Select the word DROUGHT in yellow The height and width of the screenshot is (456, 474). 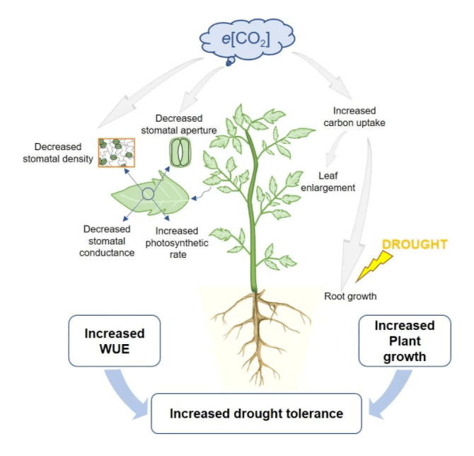(x=414, y=244)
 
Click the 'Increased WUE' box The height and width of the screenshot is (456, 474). (x=115, y=341)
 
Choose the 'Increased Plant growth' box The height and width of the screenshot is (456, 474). (x=405, y=341)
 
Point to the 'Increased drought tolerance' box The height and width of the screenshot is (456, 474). (x=256, y=414)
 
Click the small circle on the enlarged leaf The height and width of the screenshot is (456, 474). (x=148, y=194)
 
